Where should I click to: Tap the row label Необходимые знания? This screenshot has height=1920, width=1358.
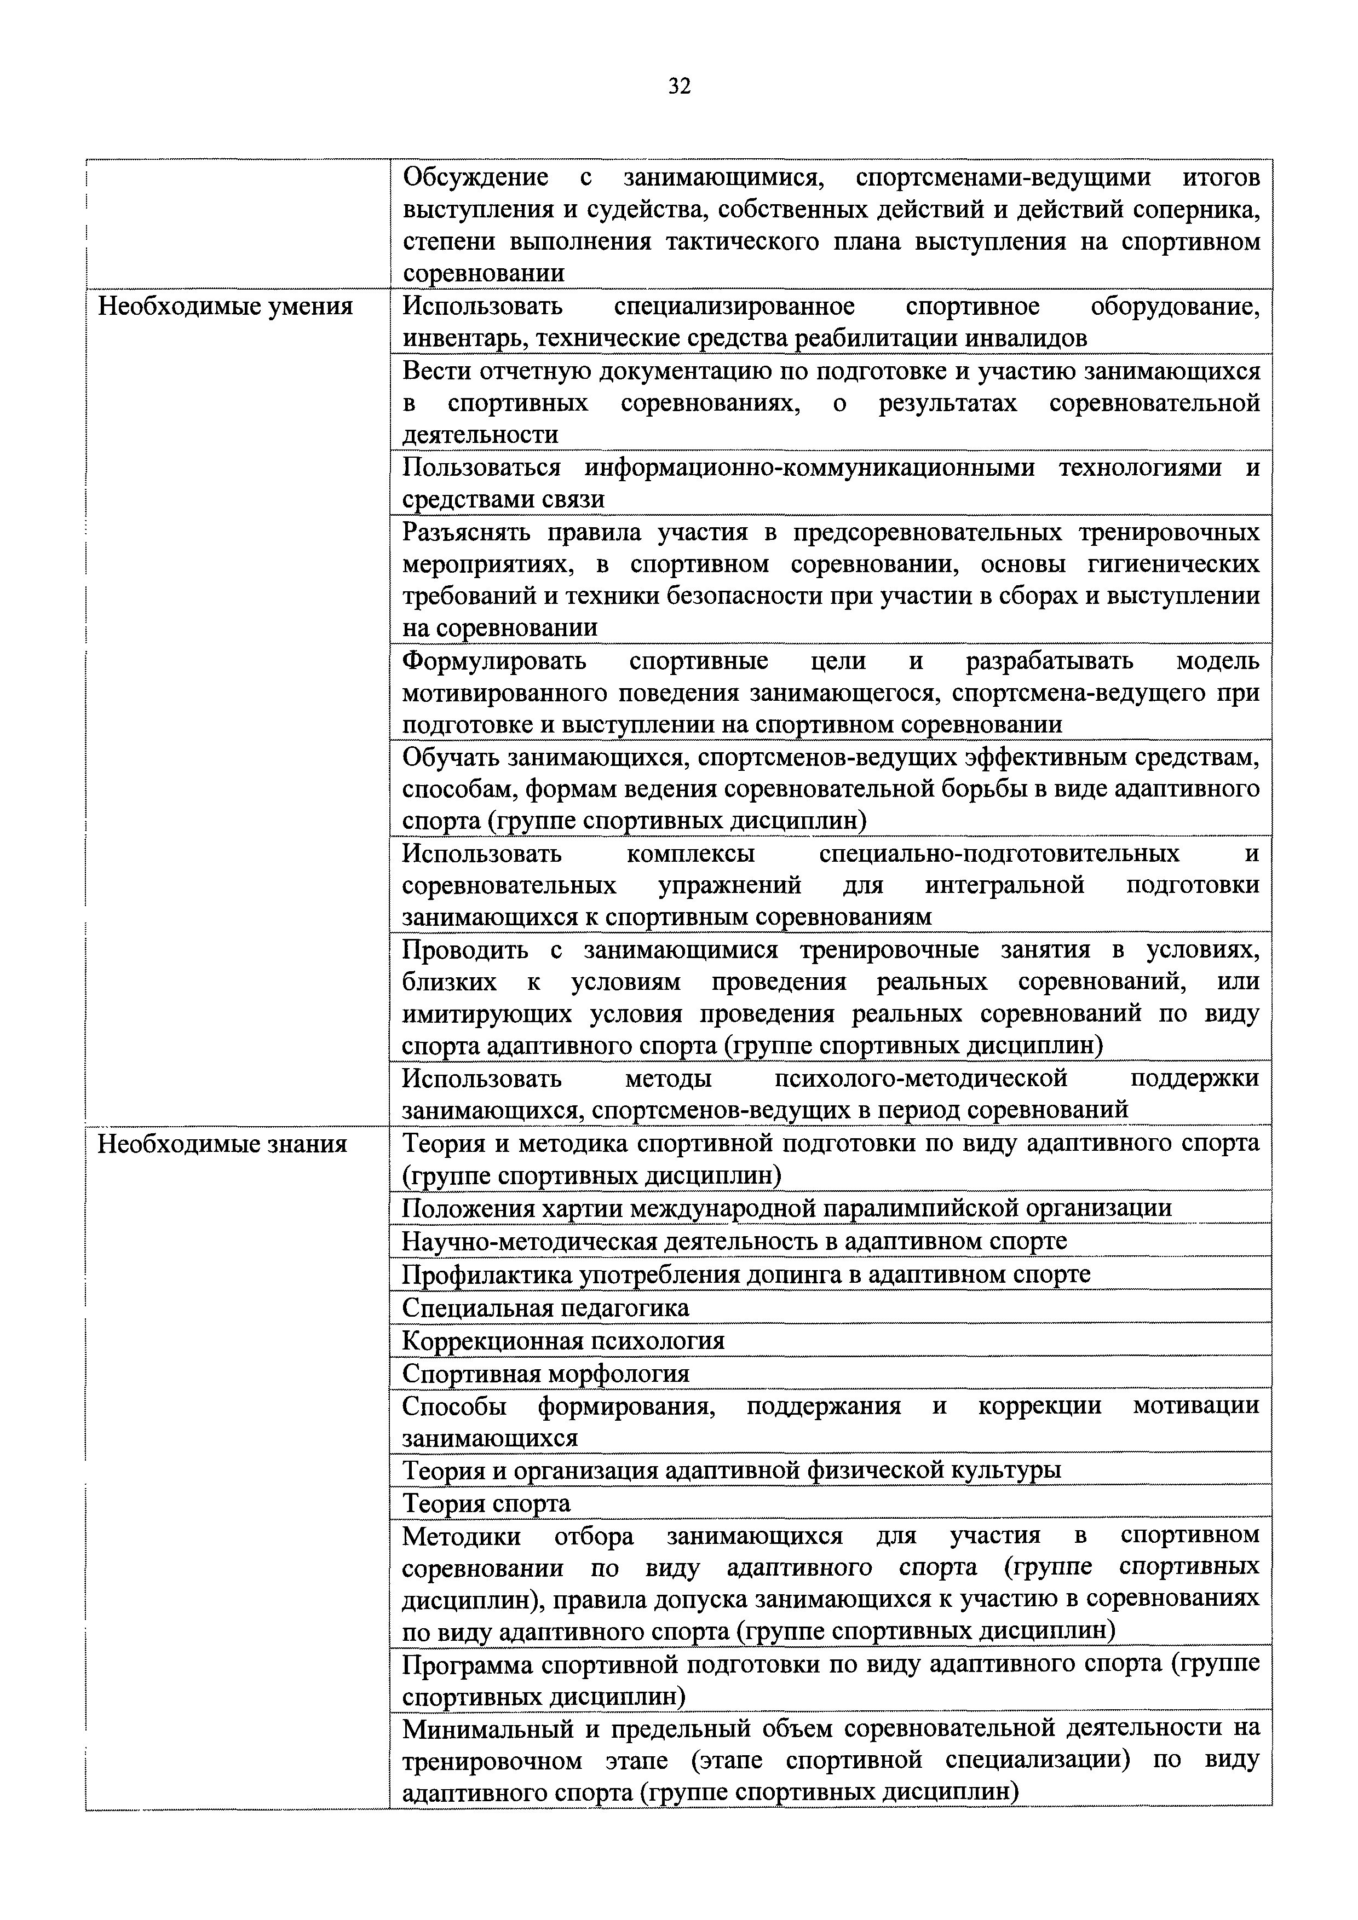[x=222, y=1143]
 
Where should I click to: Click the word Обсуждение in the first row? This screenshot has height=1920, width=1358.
[x=475, y=177]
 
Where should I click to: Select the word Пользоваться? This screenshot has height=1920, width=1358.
[x=482, y=468]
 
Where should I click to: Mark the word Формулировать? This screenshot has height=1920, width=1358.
[x=494, y=661]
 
